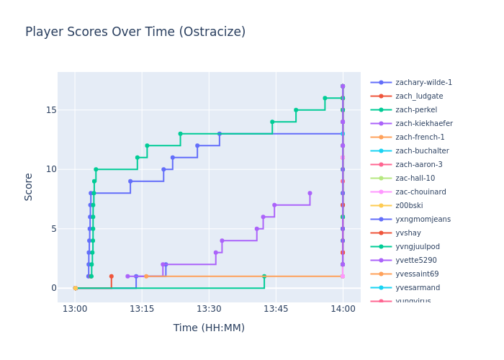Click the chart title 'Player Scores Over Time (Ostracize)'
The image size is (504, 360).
coord(135,32)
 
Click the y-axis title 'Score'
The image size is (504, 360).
coord(29,186)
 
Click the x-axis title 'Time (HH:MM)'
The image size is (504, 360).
coord(209,328)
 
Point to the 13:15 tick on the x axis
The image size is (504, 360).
coord(142,309)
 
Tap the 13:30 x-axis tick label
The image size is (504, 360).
coord(209,309)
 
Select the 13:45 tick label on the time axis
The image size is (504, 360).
coord(276,309)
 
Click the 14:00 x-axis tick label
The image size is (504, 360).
coord(343,309)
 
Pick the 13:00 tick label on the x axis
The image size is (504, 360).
coord(75,309)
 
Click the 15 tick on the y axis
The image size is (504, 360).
coord(45,110)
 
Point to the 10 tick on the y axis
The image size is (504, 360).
coord(45,169)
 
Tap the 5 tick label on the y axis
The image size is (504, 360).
coord(48,229)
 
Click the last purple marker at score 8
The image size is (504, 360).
coord(310,193)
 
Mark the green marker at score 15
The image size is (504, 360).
coord(296,110)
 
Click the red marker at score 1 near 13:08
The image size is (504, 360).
coord(111,276)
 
